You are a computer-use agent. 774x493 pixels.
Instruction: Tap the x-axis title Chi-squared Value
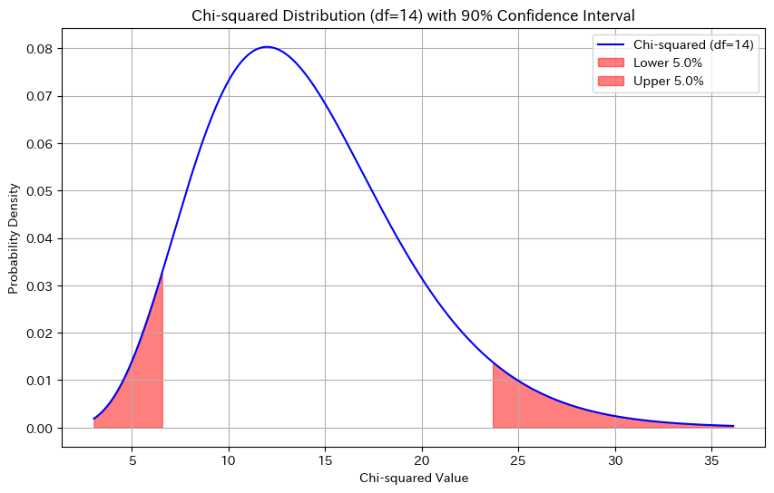[414, 478]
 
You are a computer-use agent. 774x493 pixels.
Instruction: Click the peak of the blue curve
[266, 47]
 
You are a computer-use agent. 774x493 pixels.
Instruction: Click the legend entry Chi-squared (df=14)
[692, 44]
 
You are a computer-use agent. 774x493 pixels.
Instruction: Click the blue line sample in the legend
[612, 44]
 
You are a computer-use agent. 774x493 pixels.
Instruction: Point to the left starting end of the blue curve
[94, 419]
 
